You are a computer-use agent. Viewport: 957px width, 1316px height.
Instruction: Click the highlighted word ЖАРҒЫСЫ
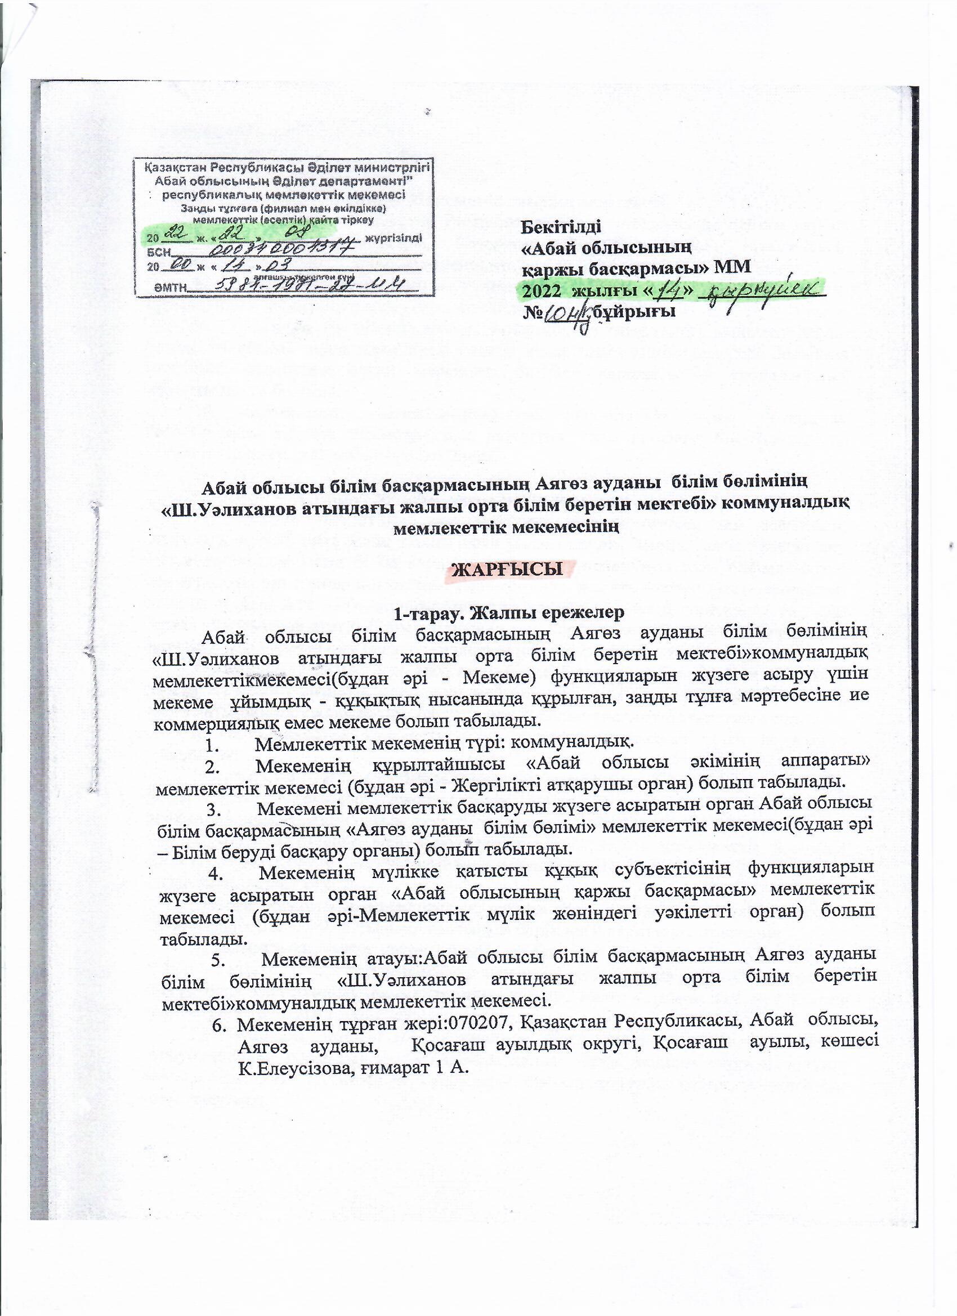click(x=507, y=570)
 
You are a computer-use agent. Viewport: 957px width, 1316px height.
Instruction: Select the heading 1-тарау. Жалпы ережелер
click(x=508, y=613)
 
